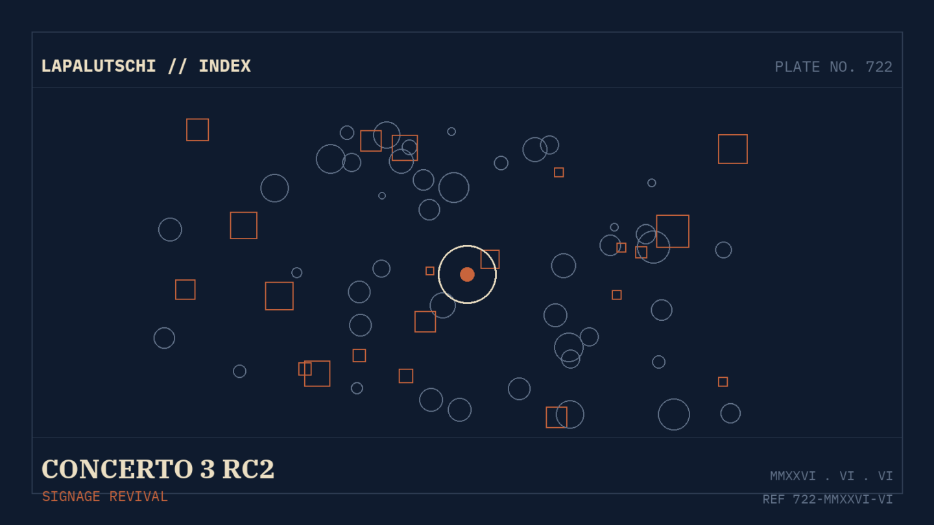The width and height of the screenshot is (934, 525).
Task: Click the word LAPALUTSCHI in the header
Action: click(99, 67)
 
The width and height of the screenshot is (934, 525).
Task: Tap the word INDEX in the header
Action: click(224, 67)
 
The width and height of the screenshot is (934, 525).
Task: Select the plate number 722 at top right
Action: click(879, 67)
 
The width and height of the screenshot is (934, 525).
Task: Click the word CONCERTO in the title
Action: click(117, 469)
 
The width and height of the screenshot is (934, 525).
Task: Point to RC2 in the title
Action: click(248, 469)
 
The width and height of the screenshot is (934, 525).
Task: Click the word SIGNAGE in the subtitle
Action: click(71, 496)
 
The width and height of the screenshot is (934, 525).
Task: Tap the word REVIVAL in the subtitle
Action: click(138, 496)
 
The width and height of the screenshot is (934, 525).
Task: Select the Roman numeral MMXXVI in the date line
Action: click(793, 476)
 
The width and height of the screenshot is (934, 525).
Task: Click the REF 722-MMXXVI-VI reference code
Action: click(828, 499)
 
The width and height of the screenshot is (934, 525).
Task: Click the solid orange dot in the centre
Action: click(467, 275)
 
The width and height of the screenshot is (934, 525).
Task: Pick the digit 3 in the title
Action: click(208, 469)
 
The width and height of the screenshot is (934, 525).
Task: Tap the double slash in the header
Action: click(177, 67)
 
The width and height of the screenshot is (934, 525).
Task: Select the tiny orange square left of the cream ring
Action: click(430, 271)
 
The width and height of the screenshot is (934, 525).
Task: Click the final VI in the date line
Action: click(885, 476)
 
